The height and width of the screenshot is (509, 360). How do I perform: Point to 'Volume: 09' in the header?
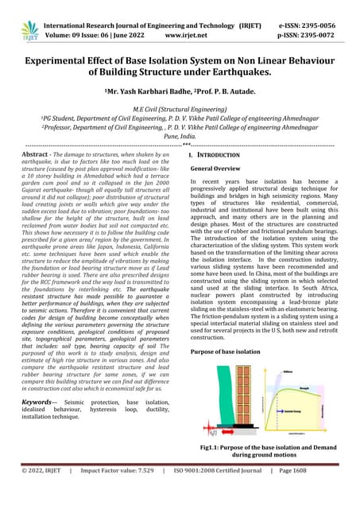[75, 36]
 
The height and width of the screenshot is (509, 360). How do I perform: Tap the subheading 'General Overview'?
[222, 169]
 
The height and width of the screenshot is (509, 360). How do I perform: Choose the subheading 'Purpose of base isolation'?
[231, 351]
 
